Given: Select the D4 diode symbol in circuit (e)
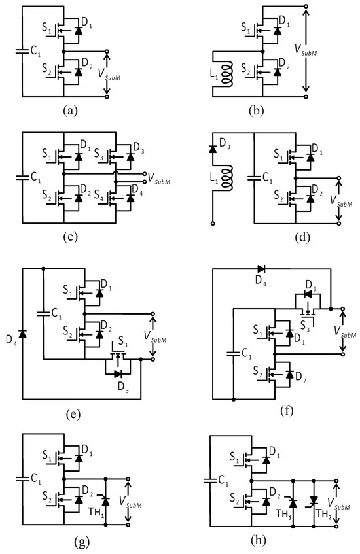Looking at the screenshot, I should pyautogui.click(x=24, y=334).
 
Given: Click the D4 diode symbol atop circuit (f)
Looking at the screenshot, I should pyautogui.click(x=262, y=268).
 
